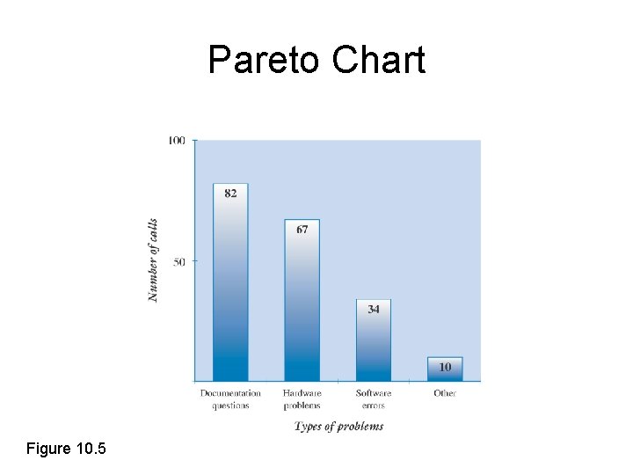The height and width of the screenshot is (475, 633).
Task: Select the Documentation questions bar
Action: pyautogui.click(x=230, y=290)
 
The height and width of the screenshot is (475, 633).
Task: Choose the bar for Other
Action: pyautogui.click(x=445, y=369)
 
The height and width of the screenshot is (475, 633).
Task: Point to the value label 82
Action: pyautogui.click(x=230, y=194)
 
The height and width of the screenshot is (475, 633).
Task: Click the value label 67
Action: pyautogui.click(x=302, y=230)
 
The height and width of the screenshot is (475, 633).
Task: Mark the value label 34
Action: pyautogui.click(x=374, y=310)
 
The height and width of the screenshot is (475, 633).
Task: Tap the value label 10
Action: pyautogui.click(x=445, y=366)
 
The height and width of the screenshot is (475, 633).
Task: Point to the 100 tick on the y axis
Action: pyautogui.click(x=176, y=141)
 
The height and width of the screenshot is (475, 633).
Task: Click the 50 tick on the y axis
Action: pyautogui.click(x=179, y=261)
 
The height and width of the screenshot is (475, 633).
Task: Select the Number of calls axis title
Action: pyautogui.click(x=153, y=260)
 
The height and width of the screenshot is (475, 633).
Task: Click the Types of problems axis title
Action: pyautogui.click(x=338, y=427)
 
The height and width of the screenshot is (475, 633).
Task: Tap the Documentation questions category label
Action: pyautogui.click(x=230, y=399)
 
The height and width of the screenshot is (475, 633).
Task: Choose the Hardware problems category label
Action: pyautogui.click(x=302, y=399)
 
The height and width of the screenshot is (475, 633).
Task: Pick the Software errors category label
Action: pyautogui.click(x=374, y=399)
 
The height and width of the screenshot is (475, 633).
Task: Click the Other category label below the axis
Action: pyautogui.click(x=445, y=393)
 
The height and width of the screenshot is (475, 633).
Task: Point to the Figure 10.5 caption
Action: pyautogui.click(x=66, y=449)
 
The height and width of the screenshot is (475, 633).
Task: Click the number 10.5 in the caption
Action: pyautogui.click(x=91, y=449)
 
